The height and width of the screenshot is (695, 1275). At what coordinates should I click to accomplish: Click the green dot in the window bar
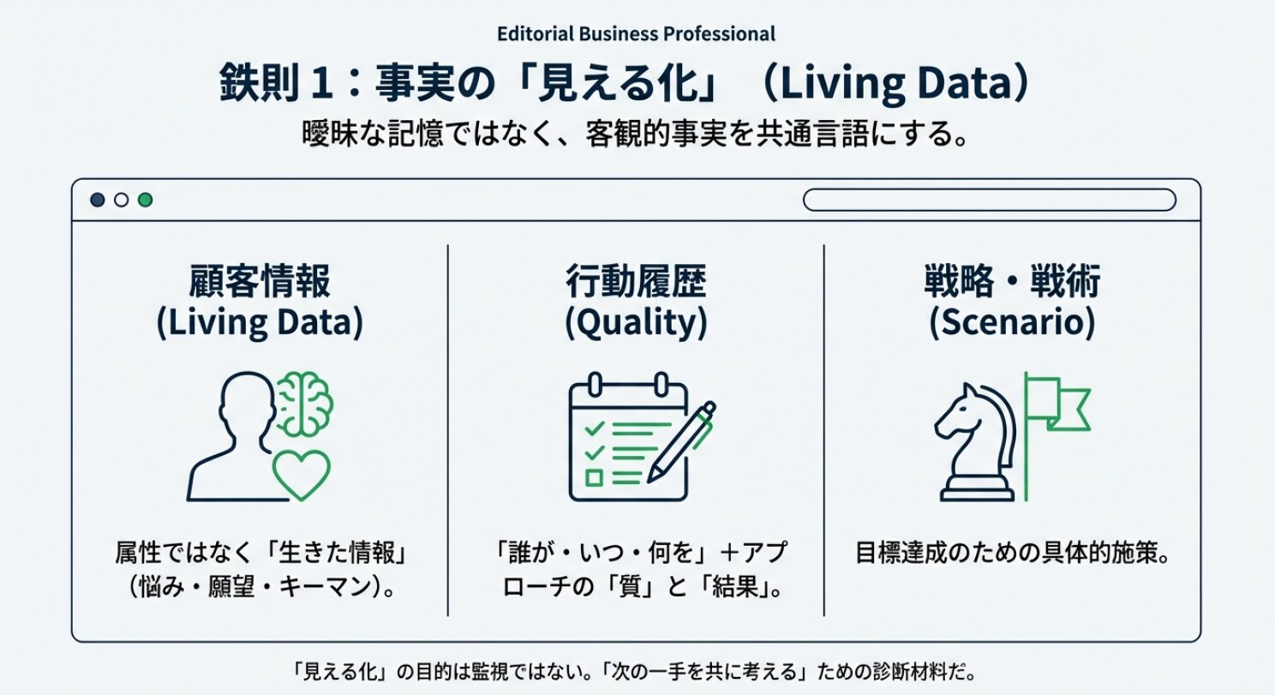[145, 200]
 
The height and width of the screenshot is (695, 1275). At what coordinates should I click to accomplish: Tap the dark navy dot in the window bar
[98, 200]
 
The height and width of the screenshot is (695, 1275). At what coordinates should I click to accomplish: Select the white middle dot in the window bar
[121, 200]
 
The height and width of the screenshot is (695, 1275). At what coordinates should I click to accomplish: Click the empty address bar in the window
[990, 200]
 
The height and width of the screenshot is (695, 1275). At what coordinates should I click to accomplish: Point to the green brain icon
[305, 404]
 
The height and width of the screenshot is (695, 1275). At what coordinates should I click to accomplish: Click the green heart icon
[301, 475]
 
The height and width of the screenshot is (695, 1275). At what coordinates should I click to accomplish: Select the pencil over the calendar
[681, 441]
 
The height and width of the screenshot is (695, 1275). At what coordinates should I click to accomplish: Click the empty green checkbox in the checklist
[595, 477]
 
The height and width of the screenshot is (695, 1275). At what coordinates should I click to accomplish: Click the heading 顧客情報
[260, 281]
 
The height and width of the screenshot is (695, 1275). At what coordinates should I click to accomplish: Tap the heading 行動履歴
[636, 281]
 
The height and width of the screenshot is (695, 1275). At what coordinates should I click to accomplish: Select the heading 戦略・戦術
[1012, 281]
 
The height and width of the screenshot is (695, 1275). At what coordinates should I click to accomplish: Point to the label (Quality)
[636, 323]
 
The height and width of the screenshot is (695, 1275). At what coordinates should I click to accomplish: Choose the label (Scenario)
[1012, 323]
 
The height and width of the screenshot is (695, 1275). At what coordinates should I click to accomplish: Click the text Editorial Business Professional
[636, 33]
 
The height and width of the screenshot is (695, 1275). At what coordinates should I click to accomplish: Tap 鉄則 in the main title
[260, 83]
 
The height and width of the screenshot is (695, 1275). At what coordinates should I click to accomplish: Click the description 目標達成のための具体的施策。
[1012, 553]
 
